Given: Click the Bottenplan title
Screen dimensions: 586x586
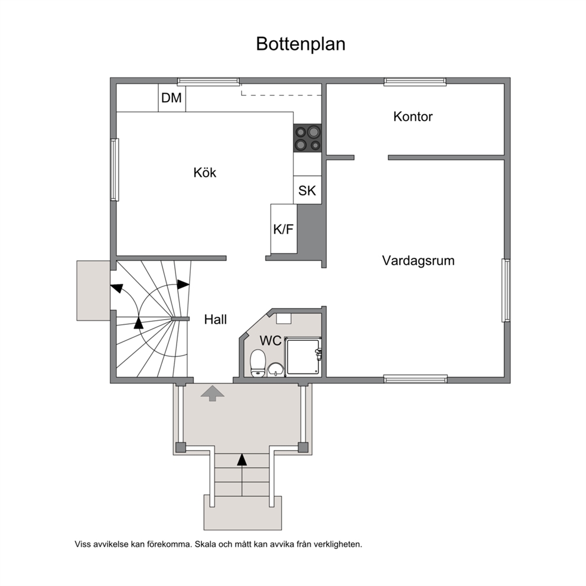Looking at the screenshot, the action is pyautogui.click(x=301, y=44).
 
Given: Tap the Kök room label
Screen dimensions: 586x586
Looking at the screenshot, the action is pyautogui.click(x=205, y=172).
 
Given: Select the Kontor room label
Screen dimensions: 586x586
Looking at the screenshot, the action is pyautogui.click(x=412, y=116).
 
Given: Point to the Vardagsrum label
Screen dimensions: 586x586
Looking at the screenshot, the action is pyautogui.click(x=418, y=261).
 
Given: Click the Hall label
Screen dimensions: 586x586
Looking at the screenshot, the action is pyautogui.click(x=215, y=319).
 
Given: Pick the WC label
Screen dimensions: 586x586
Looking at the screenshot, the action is pyautogui.click(x=271, y=340).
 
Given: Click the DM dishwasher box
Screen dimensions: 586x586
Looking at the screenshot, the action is pyautogui.click(x=172, y=97).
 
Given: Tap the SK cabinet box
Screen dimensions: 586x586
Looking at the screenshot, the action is pyautogui.click(x=307, y=190).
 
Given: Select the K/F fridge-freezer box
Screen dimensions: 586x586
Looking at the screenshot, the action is pyautogui.click(x=284, y=229).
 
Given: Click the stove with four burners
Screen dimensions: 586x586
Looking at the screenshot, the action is pyautogui.click(x=307, y=138).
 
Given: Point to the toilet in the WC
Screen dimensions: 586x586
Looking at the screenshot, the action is pyautogui.click(x=258, y=363).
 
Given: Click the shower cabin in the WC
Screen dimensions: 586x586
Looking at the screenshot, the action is pyautogui.click(x=302, y=357).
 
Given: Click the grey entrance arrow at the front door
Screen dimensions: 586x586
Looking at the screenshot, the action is pyautogui.click(x=212, y=393).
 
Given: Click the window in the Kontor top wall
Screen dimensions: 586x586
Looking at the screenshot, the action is pyautogui.click(x=415, y=82).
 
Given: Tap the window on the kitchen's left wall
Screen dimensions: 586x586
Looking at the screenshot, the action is pyautogui.click(x=115, y=170).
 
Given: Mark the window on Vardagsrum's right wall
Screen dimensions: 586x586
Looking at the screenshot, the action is pyautogui.click(x=506, y=290).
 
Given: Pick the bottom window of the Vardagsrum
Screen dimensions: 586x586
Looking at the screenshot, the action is pyautogui.click(x=416, y=379).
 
